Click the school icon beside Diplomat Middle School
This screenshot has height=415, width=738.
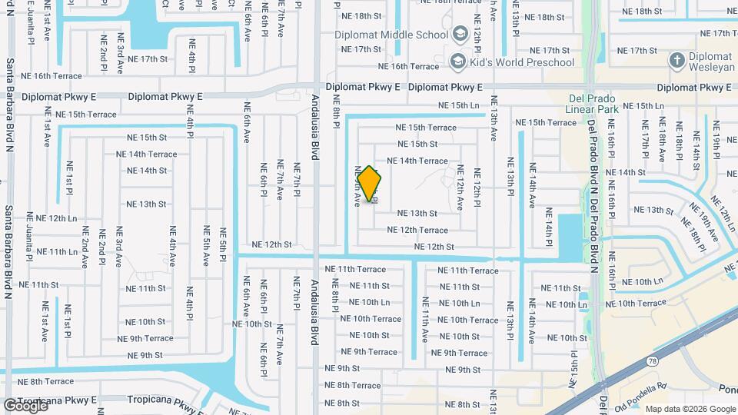coord(460,34)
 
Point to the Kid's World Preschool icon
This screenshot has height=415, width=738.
coord(457,61)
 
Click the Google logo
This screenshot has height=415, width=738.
coord(25,405)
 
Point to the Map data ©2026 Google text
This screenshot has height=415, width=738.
coord(690,409)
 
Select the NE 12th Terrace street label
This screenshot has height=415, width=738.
coord(417,230)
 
